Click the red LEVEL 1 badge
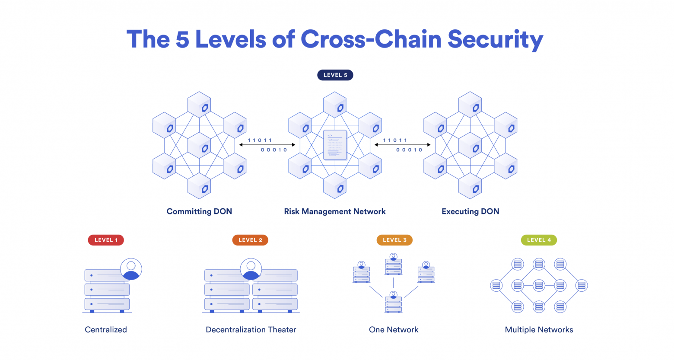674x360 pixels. pyautogui.click(x=106, y=240)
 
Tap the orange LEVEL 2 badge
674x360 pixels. pyautogui.click(x=250, y=240)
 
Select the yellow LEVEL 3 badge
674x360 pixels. pyautogui.click(x=394, y=240)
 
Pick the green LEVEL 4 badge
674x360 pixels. pyautogui.click(x=539, y=240)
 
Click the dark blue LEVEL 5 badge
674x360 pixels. pyautogui.click(x=335, y=75)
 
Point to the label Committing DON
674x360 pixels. pyautogui.click(x=199, y=211)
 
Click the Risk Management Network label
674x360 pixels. pyautogui.click(x=335, y=211)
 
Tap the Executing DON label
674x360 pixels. pyautogui.click(x=471, y=211)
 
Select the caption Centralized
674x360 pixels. pyautogui.click(x=106, y=330)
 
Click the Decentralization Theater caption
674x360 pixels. pyautogui.click(x=251, y=330)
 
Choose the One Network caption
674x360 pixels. pyautogui.click(x=394, y=330)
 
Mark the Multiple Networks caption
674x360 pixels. pyautogui.click(x=539, y=330)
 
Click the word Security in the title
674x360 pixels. pyautogui.click(x=496, y=40)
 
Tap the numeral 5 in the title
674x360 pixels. pyautogui.click(x=182, y=40)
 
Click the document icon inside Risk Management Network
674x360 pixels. pyautogui.click(x=335, y=145)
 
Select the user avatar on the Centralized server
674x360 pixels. pyautogui.click(x=131, y=269)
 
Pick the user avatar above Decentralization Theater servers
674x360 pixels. pyautogui.click(x=251, y=269)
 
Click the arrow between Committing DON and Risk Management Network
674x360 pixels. pyautogui.click(x=267, y=145)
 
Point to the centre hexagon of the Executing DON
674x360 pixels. pyautogui.click(x=470, y=145)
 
